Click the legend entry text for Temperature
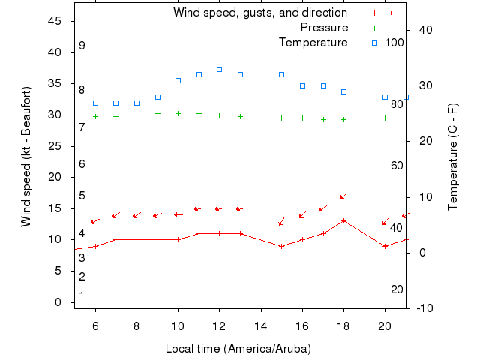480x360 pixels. (313, 43)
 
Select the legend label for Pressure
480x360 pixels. (324, 28)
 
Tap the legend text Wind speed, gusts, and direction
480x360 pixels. (259, 13)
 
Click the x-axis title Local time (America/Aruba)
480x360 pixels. (238, 349)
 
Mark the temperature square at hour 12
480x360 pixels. (219, 69)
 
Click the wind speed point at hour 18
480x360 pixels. (343, 220)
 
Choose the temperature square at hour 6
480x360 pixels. (95, 103)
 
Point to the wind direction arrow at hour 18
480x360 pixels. (343, 196)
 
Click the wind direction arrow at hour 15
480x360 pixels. (281, 220)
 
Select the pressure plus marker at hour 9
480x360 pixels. (157, 114)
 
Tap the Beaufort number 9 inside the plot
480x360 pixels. (82, 46)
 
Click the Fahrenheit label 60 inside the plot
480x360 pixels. (397, 166)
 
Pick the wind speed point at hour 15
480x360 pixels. (281, 246)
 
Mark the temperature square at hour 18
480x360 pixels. (343, 91)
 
